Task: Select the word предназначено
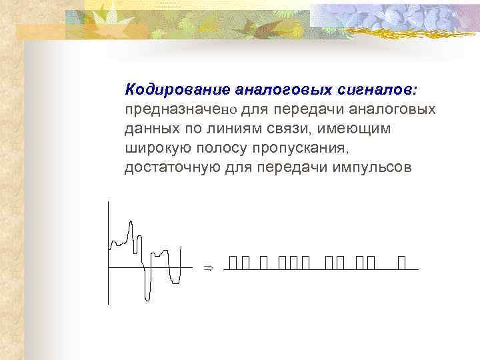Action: pyautogui.click(x=181, y=109)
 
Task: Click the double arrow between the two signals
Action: pyautogui.click(x=207, y=267)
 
